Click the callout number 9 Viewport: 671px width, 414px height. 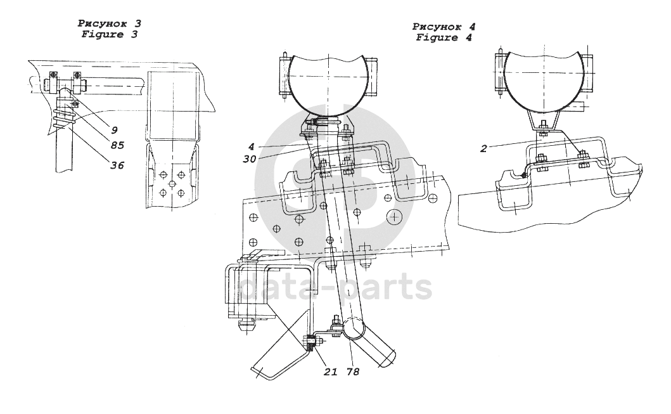coord(114,129)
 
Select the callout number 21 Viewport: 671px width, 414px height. coord(329,372)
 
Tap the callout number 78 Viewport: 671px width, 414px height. coord(353,372)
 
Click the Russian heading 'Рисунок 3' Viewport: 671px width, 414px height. coord(110,23)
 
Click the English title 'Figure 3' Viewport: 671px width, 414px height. coord(110,35)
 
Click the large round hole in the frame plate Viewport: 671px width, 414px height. coord(394,218)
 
